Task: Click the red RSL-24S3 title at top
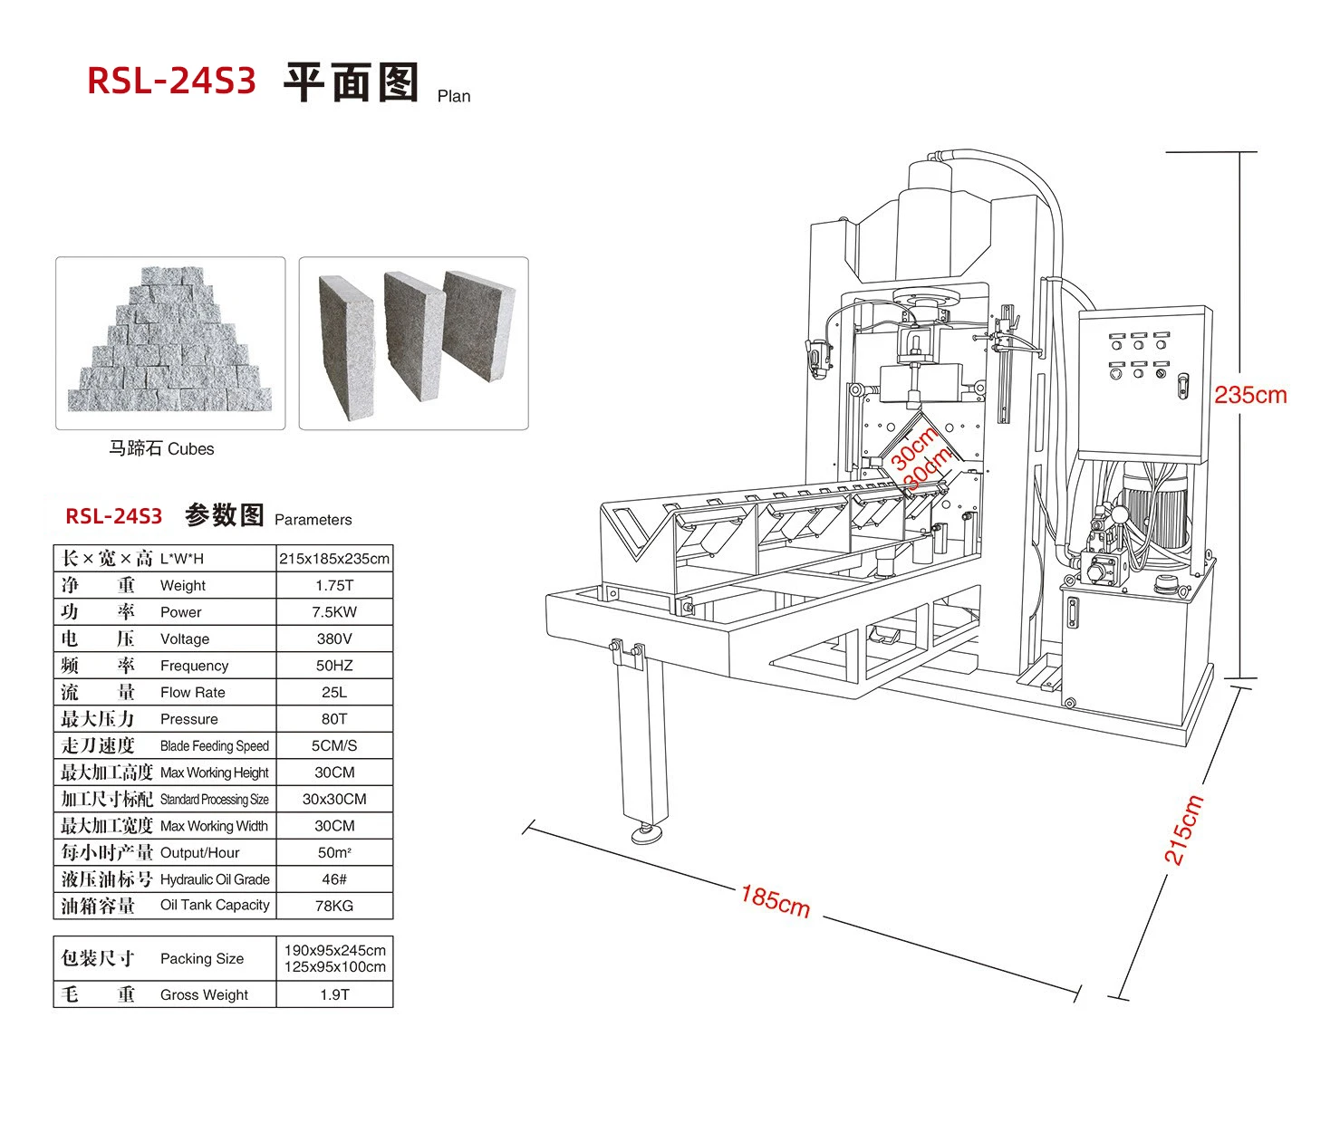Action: (171, 82)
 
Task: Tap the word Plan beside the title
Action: (454, 96)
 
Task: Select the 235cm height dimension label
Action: (1250, 395)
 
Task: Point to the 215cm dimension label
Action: (1183, 830)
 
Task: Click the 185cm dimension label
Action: (776, 900)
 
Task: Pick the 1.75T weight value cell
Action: (334, 585)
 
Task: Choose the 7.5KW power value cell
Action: (334, 612)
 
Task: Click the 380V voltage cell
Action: (334, 639)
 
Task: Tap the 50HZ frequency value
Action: (334, 666)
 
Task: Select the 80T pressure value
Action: (334, 719)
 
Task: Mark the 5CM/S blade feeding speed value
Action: (334, 745)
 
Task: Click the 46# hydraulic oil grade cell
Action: (334, 879)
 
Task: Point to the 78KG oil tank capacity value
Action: (334, 906)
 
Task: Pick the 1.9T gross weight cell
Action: (334, 994)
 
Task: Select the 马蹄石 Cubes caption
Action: (161, 448)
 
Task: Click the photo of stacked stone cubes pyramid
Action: (170, 343)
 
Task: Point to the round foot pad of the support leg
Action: (647, 833)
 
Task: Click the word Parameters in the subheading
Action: (313, 520)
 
